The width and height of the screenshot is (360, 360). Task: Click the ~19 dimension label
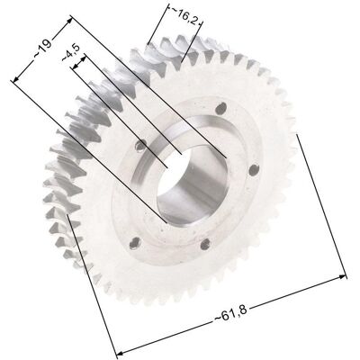[43, 49]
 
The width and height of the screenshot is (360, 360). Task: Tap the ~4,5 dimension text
[71, 52]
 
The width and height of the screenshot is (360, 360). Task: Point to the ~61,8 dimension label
[231, 314]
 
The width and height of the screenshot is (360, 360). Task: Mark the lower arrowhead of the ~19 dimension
[15, 78]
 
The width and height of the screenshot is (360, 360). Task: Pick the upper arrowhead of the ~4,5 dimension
[83, 58]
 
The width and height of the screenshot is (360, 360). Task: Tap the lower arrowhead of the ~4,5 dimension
[76, 66]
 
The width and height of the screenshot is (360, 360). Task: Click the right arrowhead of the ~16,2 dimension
[200, 23]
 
